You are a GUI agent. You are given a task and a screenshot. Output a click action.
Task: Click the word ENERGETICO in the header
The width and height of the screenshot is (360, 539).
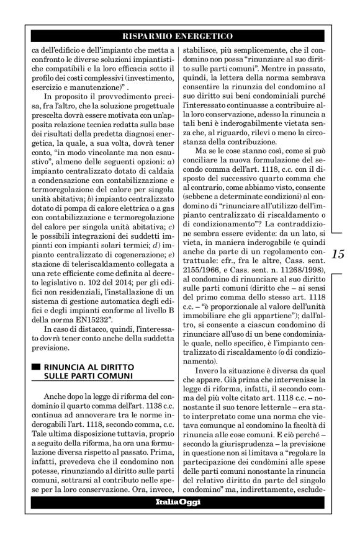[x=205, y=37]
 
